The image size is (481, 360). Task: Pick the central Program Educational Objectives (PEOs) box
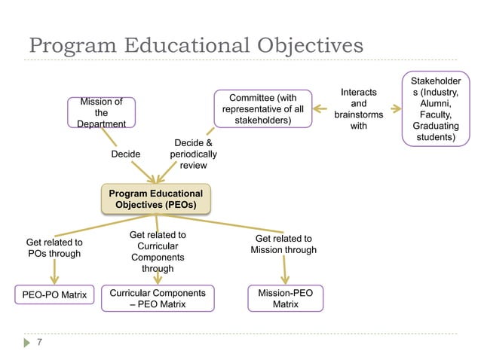(157, 199)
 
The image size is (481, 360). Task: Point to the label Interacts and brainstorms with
(359, 109)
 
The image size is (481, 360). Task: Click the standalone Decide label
(126, 154)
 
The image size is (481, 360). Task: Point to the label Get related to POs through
(54, 248)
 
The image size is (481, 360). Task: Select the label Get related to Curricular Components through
(158, 252)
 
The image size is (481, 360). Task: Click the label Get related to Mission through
(283, 244)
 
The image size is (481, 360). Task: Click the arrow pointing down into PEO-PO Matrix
(54, 273)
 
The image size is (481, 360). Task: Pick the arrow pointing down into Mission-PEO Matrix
(285, 269)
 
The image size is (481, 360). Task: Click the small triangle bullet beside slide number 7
(23, 343)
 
